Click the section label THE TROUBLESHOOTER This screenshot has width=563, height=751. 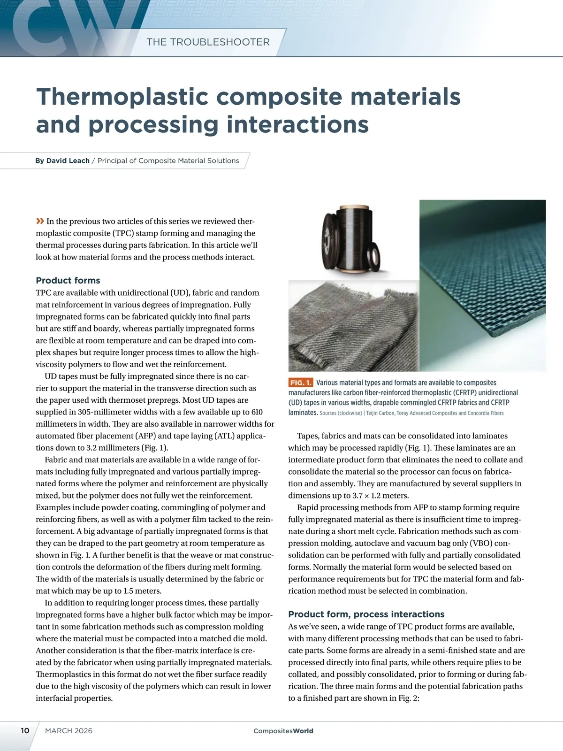[x=208, y=42]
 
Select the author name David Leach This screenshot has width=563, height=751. [x=68, y=161]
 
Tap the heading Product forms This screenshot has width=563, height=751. [x=68, y=280]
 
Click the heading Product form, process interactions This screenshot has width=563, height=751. [x=366, y=614]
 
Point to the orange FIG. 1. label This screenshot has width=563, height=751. [x=300, y=383]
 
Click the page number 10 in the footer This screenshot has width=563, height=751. [x=25, y=730]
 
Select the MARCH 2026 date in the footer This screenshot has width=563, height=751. [x=68, y=731]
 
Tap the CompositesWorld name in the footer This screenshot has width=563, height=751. [x=283, y=731]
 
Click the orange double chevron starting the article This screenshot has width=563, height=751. [x=40, y=221]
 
